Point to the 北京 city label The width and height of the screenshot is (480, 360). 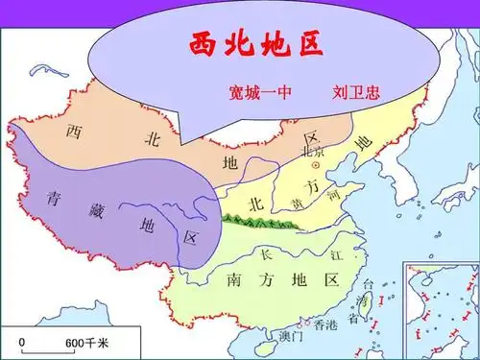(314, 152)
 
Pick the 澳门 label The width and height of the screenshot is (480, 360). (290, 336)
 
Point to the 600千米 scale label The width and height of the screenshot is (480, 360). (86, 343)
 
